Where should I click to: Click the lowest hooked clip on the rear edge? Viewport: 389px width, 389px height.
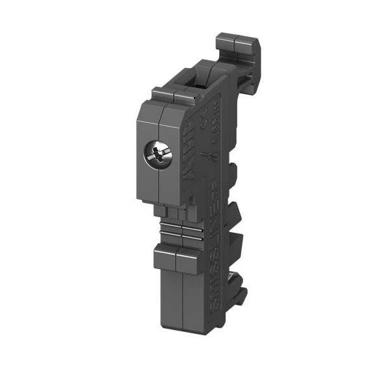pos(239,295)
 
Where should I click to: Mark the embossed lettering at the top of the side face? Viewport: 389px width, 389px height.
pos(218,110)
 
